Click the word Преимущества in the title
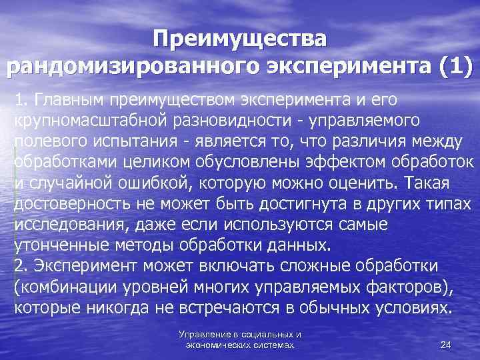239,39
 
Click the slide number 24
446,345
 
